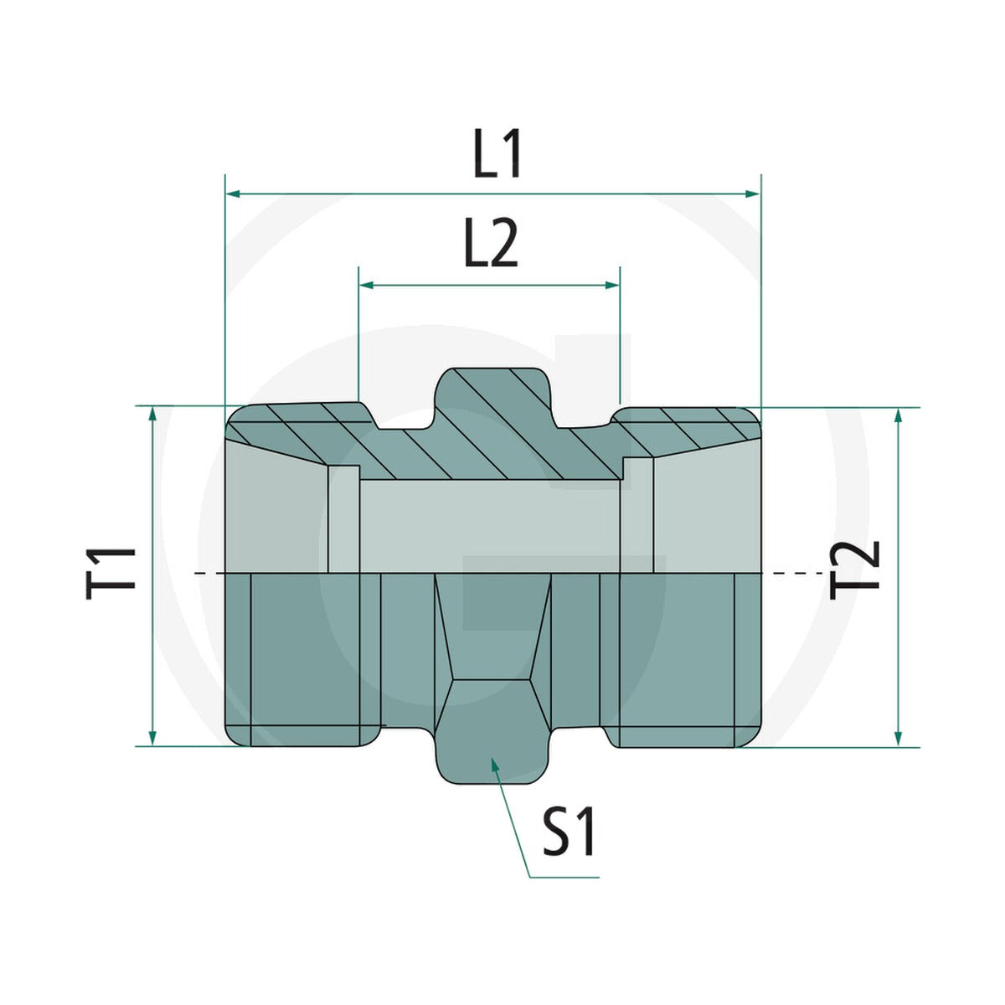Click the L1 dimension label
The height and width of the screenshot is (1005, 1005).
tap(497, 154)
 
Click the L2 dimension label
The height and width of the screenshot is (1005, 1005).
tap(491, 243)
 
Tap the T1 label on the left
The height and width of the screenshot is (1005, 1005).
tap(111, 574)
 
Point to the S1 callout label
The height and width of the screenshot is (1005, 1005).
tap(569, 832)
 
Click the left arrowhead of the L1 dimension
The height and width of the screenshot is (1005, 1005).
tap(233, 194)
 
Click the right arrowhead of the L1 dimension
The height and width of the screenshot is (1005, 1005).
tap(753, 194)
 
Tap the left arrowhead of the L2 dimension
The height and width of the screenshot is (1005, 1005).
tap(367, 286)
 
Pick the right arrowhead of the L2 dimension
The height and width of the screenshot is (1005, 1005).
tap(612, 286)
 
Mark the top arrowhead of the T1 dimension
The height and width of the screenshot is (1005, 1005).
tap(152, 415)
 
